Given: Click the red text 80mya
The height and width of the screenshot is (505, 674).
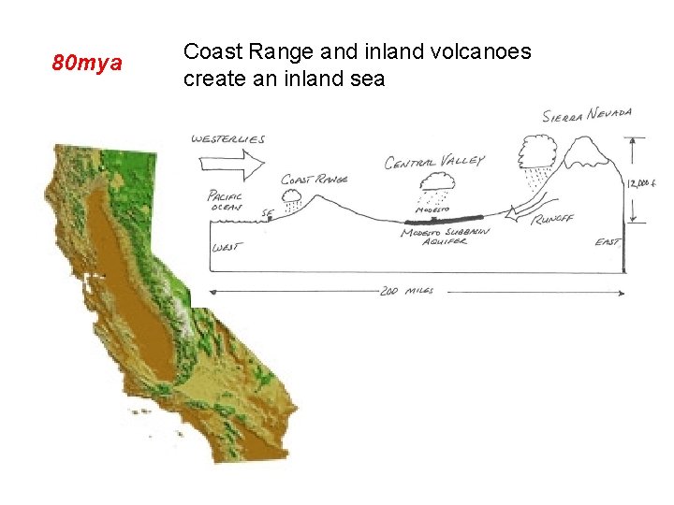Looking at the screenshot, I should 87,64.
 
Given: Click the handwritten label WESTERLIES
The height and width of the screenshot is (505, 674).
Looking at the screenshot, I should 228,139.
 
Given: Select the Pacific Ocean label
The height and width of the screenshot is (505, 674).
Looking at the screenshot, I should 225,202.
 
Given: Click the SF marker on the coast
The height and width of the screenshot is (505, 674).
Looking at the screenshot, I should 269,213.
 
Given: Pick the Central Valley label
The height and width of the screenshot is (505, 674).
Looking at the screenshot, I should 434,162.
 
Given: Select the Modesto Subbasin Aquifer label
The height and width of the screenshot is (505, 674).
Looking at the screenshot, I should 445,238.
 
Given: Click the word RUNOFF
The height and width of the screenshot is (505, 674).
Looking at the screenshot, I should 551,219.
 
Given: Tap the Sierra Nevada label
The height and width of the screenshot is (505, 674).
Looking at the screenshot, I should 588,115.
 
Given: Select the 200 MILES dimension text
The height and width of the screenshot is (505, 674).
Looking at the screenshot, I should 408,292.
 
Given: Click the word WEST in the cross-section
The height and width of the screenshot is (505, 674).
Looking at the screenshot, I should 225,248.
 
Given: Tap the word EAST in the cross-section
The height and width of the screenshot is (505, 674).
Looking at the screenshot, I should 607,243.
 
